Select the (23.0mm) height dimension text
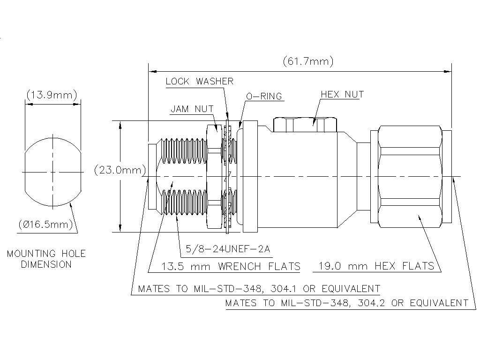[x=120, y=170]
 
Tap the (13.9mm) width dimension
[x=52, y=95]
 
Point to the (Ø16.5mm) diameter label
[x=47, y=225]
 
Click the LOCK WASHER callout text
[x=199, y=82]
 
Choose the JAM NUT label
[x=192, y=109]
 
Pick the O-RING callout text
[x=264, y=97]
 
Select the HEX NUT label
[x=342, y=94]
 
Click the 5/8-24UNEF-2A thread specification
[x=228, y=248]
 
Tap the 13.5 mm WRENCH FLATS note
[x=230, y=266]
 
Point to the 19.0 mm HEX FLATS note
[x=376, y=266]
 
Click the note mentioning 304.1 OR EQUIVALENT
[x=259, y=288]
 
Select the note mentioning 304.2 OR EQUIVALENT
[x=346, y=303]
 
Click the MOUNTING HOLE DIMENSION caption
[x=46, y=259]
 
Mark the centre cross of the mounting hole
[x=52, y=172]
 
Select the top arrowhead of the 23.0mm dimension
[x=120, y=124]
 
